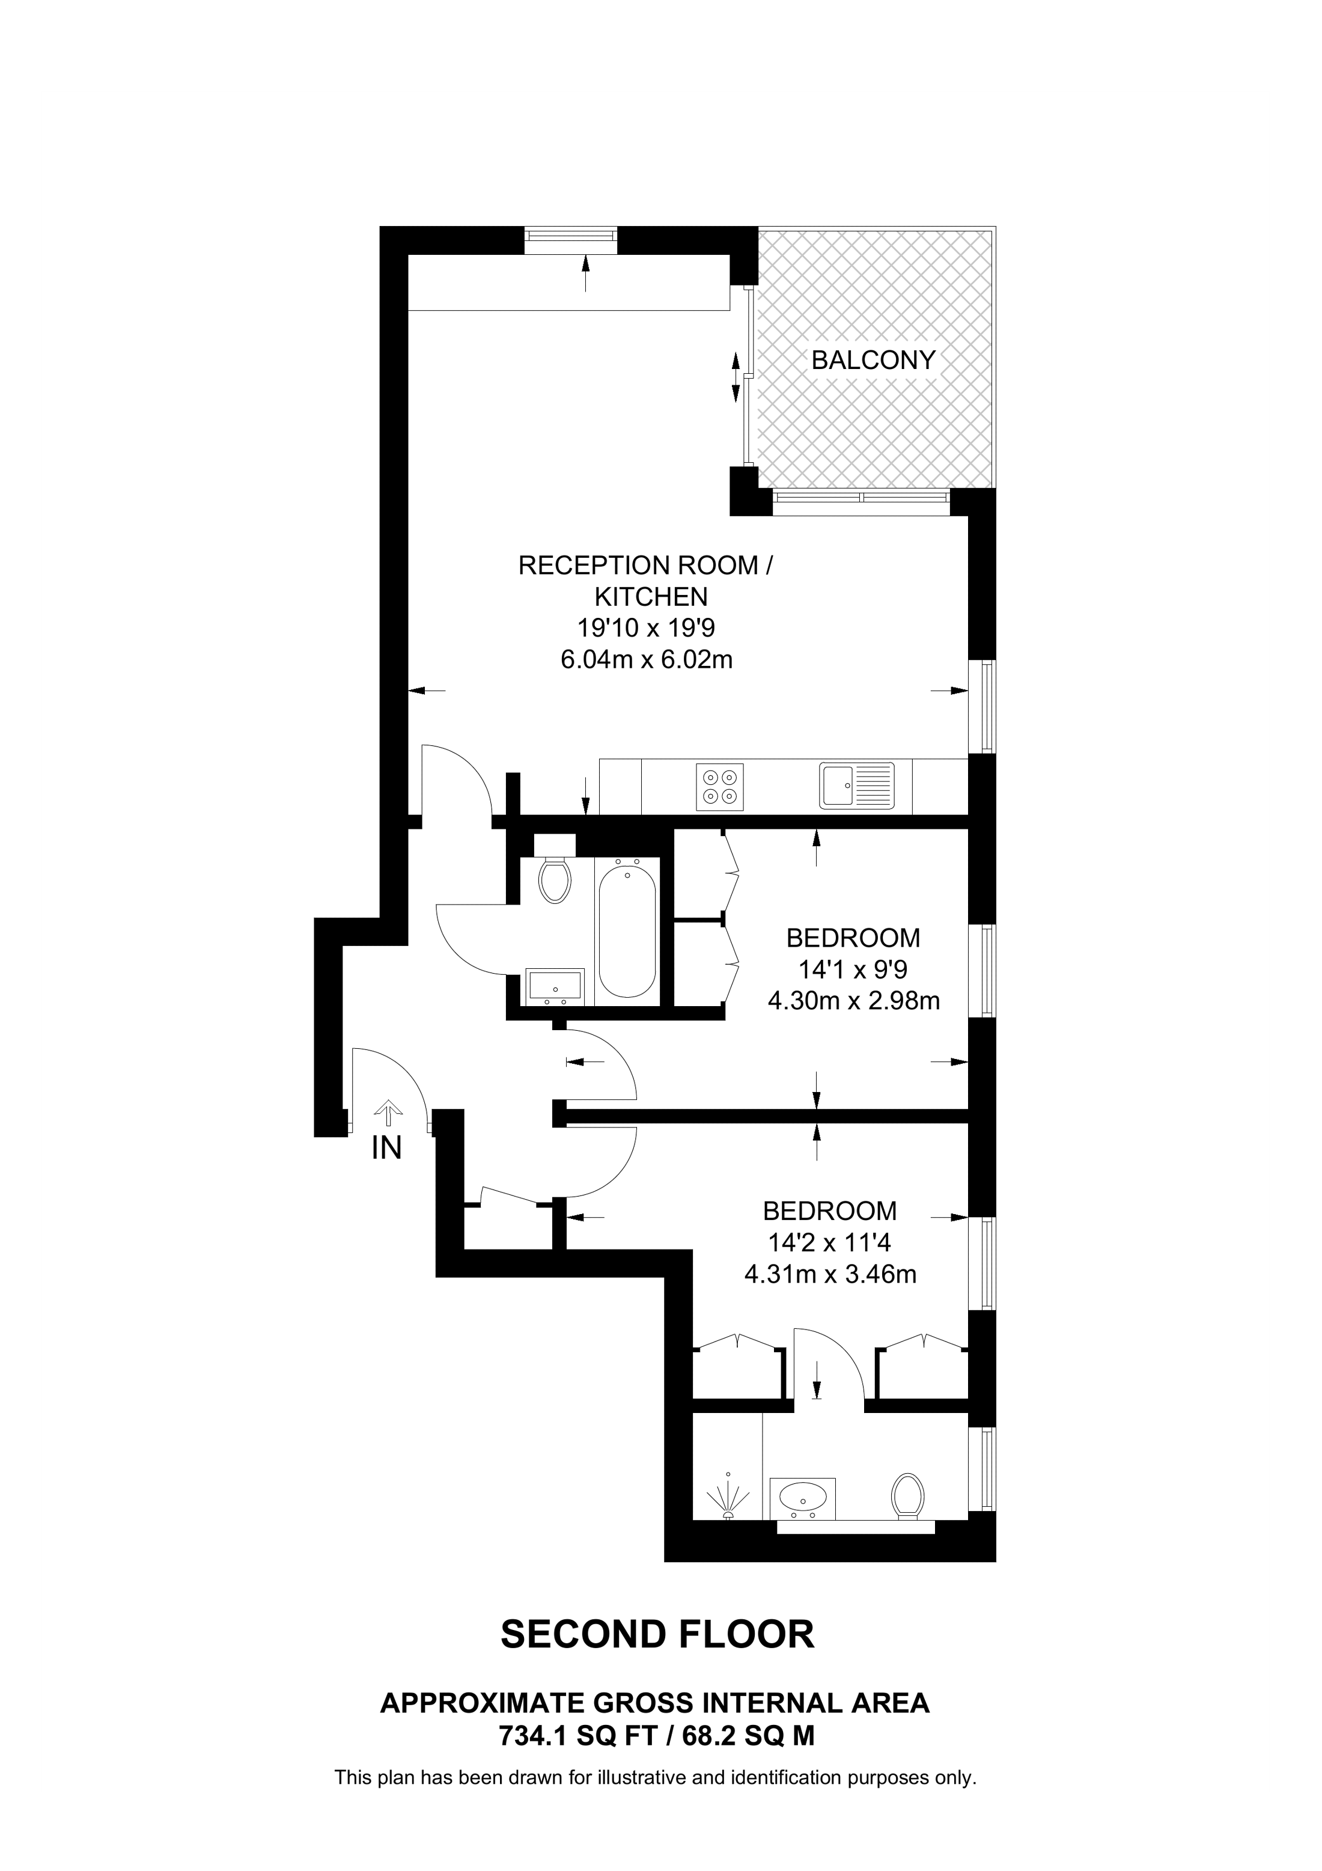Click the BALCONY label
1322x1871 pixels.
click(873, 360)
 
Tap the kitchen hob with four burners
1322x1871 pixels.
click(720, 786)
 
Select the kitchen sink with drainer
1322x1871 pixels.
click(856, 786)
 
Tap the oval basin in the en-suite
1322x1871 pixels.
click(803, 1496)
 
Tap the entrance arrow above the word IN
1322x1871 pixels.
click(388, 1113)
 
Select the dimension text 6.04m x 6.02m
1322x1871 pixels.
click(647, 659)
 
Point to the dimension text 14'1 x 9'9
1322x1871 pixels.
click(853, 969)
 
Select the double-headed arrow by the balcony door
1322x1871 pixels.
click(736, 377)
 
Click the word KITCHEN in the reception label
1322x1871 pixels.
click(651, 597)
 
